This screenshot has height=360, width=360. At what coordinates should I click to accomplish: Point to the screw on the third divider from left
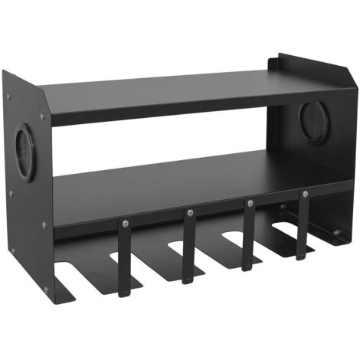[x=249, y=203]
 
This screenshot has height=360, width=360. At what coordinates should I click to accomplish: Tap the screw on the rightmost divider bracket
[x=304, y=195]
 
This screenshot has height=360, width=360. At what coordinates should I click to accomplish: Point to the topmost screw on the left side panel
[x=10, y=97]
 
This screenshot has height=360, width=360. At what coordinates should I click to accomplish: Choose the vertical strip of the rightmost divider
[x=303, y=226]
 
